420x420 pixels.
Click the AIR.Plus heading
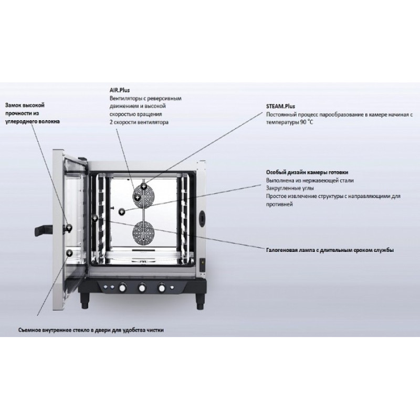click(120, 90)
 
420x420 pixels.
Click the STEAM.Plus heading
click(280, 106)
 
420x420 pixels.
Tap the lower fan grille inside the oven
click(143, 232)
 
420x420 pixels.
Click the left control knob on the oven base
click(122, 288)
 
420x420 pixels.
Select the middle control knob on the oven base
click(142, 288)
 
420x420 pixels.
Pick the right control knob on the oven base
click(162, 288)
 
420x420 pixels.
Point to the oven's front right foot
click(200, 301)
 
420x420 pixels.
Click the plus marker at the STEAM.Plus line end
click(144, 186)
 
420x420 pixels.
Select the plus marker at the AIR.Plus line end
click(137, 198)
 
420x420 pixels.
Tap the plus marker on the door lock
click(69, 228)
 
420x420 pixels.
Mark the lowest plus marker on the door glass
click(69, 253)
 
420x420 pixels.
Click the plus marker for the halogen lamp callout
click(94, 218)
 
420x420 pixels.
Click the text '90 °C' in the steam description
click(306, 122)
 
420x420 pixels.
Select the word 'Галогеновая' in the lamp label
click(280, 250)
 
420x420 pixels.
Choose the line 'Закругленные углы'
click(290, 188)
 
